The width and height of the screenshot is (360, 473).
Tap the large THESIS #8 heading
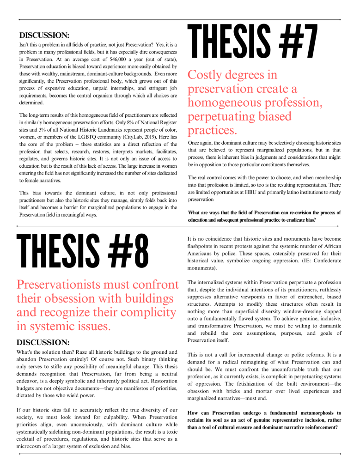click(83, 253)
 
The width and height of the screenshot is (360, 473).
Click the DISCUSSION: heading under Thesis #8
click(43, 342)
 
